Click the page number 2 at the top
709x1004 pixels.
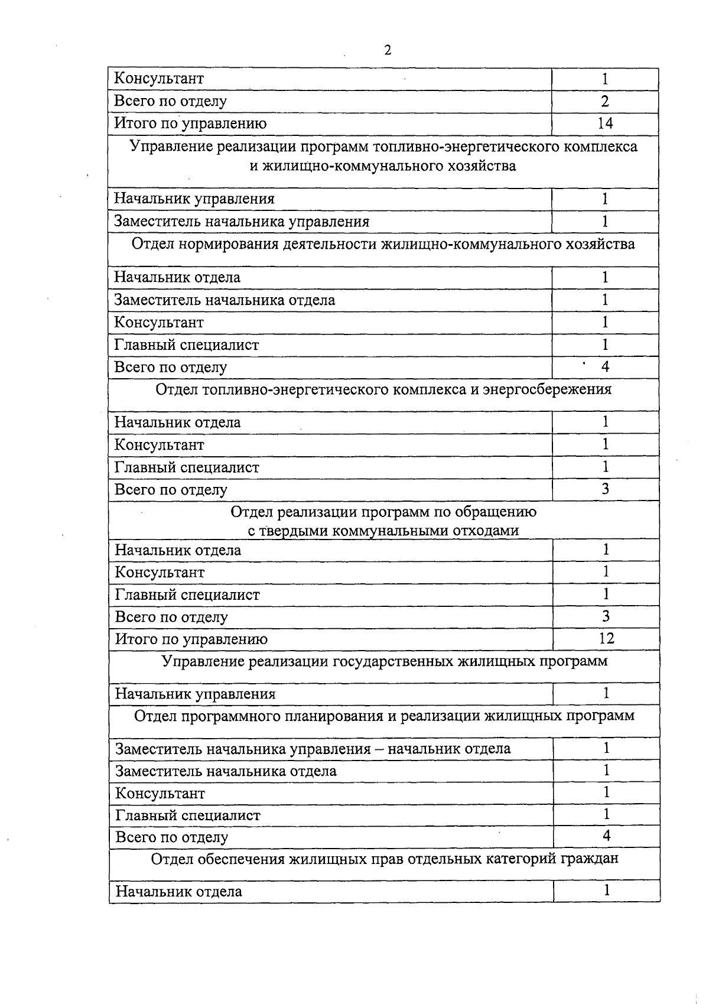[x=388, y=50]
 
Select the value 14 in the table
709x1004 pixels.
[x=605, y=123]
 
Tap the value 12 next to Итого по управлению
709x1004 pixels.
[x=606, y=638]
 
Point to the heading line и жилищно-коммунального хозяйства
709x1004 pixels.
[x=382, y=165]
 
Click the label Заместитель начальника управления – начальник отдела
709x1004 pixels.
[x=313, y=749]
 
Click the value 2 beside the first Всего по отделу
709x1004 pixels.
[x=605, y=100]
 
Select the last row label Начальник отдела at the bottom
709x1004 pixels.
[x=178, y=891]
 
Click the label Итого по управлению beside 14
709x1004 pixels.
[x=190, y=123]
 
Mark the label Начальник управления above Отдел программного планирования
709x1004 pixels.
[x=195, y=694]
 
